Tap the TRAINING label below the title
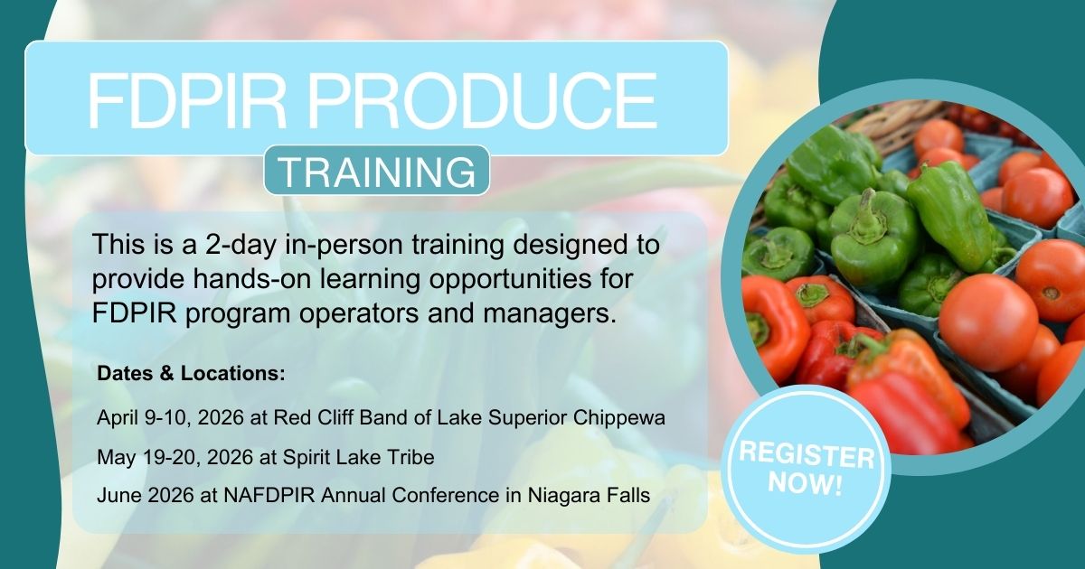377,172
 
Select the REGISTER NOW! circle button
807,469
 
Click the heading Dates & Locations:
192,374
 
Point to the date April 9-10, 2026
170,418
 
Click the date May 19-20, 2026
175,457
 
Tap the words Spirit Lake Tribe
358,457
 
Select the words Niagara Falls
589,496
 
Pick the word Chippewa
619,418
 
